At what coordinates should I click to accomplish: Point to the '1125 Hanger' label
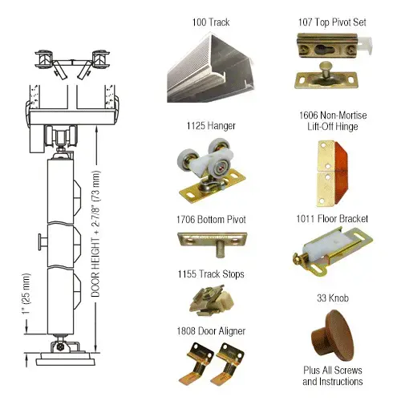(x=204, y=126)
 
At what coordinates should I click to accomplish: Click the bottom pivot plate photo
(x=205, y=241)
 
